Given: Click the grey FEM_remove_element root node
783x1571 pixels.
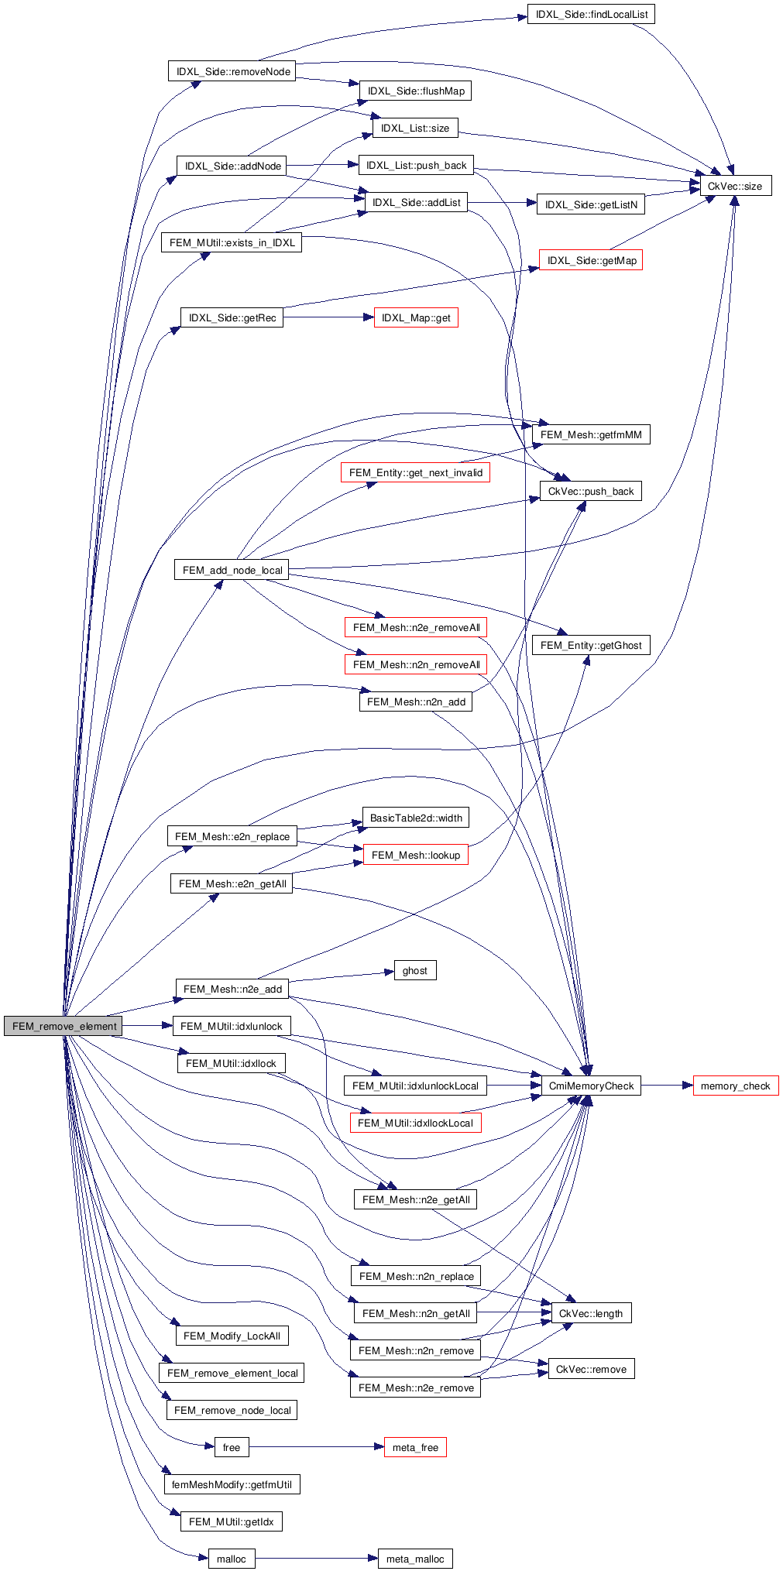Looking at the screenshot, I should pos(64,1026).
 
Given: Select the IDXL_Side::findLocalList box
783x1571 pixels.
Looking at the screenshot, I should pos(591,14).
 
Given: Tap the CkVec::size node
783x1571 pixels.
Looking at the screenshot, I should pos(734,186).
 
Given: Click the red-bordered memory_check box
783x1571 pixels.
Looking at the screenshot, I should pos(735,1086).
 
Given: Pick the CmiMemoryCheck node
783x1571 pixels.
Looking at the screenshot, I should pos(591,1086).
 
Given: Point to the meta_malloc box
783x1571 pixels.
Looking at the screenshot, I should pos(415,1559).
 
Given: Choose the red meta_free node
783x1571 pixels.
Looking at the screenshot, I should pos(415,1447).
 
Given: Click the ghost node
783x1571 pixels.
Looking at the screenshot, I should pos(414,970).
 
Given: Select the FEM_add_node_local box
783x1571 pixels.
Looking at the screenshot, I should pos(232,570).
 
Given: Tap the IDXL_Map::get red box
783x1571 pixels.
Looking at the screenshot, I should pos(416,317).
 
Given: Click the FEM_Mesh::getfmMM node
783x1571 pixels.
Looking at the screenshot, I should pos(591,434).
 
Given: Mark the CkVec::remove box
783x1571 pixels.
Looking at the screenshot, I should pos(591,1369).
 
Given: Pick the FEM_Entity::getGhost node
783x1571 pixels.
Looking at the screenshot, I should pos(591,645).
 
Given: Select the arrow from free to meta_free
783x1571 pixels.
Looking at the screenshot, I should pos(317,1447).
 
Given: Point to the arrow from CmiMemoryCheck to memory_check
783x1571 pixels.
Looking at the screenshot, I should pos(667,1086).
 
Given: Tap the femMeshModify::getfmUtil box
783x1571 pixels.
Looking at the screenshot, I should pos(232,1484).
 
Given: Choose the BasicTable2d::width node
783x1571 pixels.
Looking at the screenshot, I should pos(416,818).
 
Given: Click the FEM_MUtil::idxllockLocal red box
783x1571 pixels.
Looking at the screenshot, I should pos(415,1123).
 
